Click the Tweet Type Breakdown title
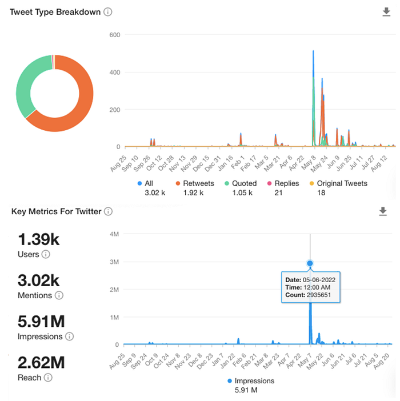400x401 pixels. [56, 12]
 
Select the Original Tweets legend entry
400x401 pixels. [342, 183]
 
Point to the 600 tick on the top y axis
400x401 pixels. [114, 35]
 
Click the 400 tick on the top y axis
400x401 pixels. [114, 73]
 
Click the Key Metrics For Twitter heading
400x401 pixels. [56, 211]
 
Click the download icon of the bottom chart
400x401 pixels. [383, 211]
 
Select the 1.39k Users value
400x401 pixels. [38, 239]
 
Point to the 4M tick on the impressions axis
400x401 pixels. [113, 234]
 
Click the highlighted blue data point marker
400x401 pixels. [310, 263]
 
